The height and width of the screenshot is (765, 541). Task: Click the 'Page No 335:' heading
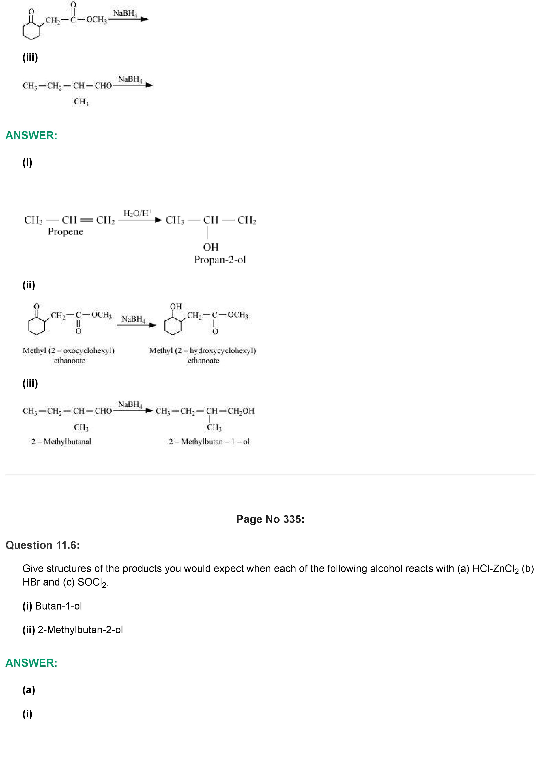[x=270, y=519]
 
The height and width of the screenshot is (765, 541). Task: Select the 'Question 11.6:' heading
[x=43, y=545]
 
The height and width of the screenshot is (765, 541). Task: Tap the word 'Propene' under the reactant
[x=65, y=232]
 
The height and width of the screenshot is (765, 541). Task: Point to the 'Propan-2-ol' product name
[x=220, y=260]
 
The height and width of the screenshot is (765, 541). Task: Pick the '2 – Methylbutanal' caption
[x=61, y=441]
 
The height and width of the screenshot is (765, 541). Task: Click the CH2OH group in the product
[x=241, y=411]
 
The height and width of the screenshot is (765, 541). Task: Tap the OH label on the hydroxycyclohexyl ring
[x=176, y=306]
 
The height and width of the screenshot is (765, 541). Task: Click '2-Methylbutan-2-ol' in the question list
[x=80, y=630]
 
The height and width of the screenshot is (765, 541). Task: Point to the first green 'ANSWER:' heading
[x=31, y=135]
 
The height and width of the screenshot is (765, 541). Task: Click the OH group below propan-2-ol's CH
[x=211, y=247]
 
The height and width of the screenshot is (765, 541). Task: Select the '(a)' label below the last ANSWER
[x=29, y=690]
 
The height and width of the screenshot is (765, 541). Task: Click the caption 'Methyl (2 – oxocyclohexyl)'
[x=68, y=350]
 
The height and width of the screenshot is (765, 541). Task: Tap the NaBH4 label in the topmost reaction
[x=125, y=13]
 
